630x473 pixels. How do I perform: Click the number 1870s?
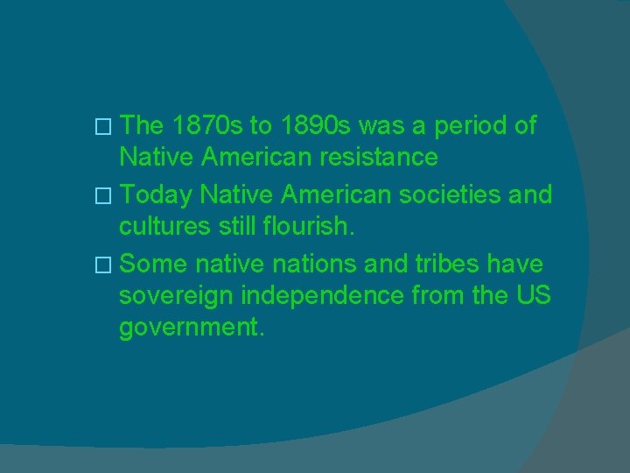208,125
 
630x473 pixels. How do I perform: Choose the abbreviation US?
532,296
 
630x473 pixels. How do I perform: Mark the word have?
520,263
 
